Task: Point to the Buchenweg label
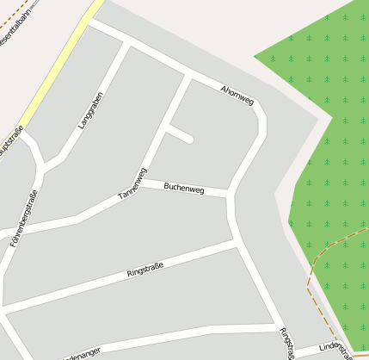point(183,186)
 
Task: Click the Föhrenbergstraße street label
point(24,219)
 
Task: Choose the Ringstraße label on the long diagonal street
point(145,270)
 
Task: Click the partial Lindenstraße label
point(335,348)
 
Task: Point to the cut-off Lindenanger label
point(82,352)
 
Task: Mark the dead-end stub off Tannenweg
point(181,134)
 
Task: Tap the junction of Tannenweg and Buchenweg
point(142,183)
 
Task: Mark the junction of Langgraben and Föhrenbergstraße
point(40,166)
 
